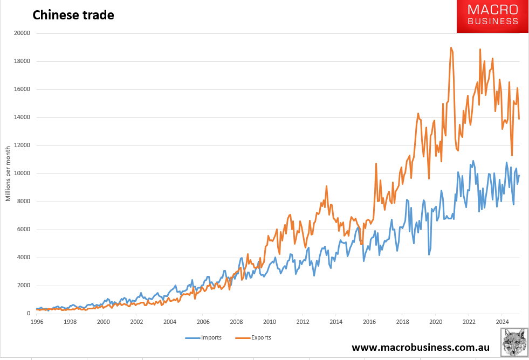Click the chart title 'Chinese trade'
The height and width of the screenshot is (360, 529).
(x=73, y=15)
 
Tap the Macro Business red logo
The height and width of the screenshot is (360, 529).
(x=492, y=16)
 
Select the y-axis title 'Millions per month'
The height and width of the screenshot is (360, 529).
(x=8, y=173)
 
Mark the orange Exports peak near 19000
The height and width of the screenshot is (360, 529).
(x=451, y=48)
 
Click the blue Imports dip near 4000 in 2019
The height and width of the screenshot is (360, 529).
(x=429, y=254)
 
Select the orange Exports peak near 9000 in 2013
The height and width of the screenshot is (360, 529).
(x=327, y=186)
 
